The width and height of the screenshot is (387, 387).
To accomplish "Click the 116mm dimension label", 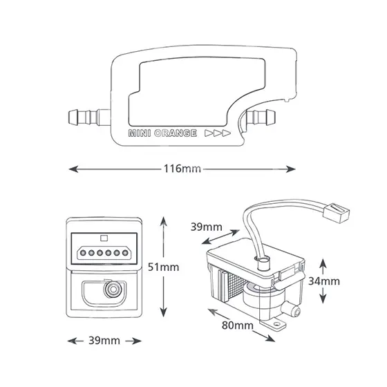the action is pos(182,169).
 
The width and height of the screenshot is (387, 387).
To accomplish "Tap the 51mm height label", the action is pos(163,267).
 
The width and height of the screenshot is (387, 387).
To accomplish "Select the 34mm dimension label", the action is pos(324,281).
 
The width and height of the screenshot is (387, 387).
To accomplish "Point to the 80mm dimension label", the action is pos(238,325).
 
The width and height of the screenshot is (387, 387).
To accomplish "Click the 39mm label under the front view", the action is pos(104,341).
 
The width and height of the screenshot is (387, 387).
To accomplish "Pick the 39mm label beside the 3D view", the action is pos(207,227).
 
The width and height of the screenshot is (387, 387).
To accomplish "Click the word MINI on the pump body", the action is pos(140,133).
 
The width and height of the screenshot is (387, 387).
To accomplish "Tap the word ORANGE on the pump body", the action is pos(176,133).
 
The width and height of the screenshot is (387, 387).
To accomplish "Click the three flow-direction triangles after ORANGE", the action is pos(218,133).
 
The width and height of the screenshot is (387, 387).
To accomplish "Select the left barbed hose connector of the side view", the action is pos(89,117).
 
